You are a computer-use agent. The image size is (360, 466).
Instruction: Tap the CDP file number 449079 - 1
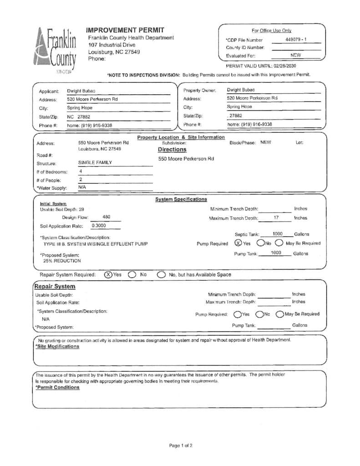(x=296, y=40)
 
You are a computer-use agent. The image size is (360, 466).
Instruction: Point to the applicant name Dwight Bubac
(x=81, y=91)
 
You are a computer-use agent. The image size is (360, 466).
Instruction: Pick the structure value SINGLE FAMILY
(x=95, y=162)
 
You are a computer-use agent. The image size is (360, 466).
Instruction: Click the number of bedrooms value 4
(x=81, y=172)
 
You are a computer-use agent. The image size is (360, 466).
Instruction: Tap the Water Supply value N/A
(x=82, y=187)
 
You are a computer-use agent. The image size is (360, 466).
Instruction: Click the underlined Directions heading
(x=172, y=149)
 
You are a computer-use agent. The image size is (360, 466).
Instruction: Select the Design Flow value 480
(x=106, y=217)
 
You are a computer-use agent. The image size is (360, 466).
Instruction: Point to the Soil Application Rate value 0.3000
(x=99, y=225)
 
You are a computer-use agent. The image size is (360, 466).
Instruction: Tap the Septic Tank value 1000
(x=277, y=234)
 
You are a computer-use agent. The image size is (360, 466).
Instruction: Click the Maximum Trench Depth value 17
(x=276, y=218)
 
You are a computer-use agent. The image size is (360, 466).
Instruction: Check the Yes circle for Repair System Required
(x=108, y=274)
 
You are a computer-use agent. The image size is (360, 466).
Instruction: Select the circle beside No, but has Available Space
(x=161, y=274)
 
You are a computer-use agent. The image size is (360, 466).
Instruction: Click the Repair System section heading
(x=55, y=287)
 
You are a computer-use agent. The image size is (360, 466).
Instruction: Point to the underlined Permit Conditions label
(x=57, y=387)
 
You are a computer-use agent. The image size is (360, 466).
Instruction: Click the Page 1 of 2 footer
(x=181, y=446)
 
